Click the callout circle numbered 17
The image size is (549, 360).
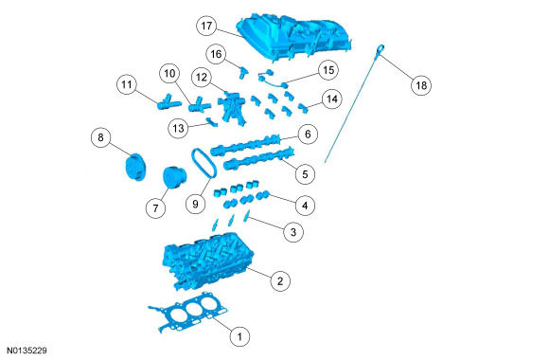click(206, 26)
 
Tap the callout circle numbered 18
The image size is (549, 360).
click(421, 85)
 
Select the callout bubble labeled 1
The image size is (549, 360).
click(239, 336)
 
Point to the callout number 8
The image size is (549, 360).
click(101, 137)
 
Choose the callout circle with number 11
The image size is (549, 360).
click(127, 84)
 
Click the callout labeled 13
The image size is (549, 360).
click(178, 128)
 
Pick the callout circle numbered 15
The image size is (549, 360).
click(328, 70)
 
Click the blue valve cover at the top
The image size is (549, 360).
click(294, 37)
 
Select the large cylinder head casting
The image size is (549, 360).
click(208, 261)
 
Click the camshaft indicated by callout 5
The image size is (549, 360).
click(258, 159)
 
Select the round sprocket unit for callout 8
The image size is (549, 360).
click(135, 167)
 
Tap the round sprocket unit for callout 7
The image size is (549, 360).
click(174, 177)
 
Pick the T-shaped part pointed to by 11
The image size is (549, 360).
click(168, 102)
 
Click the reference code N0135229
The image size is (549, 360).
click(27, 351)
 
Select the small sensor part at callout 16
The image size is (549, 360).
click(243, 72)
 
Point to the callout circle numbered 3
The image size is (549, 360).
click(293, 232)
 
